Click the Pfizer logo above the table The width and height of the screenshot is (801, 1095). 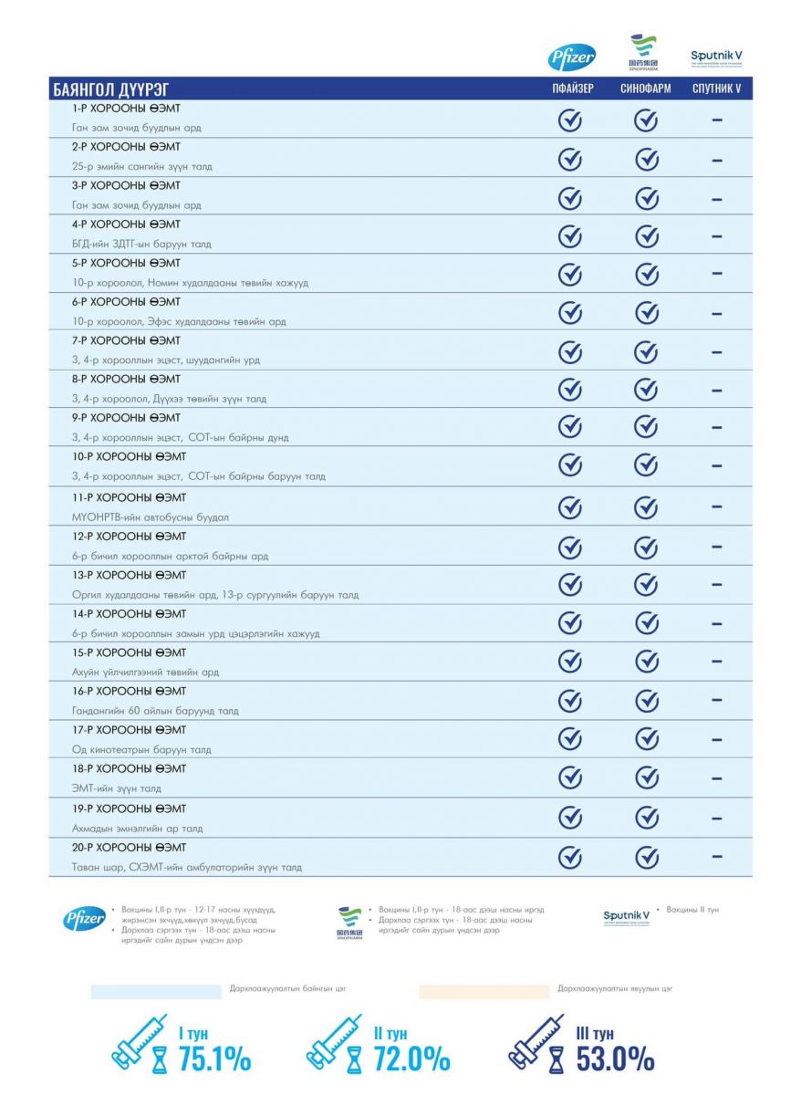click(x=571, y=57)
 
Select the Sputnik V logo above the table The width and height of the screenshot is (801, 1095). click(x=716, y=57)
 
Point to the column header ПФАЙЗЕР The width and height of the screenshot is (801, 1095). click(x=572, y=89)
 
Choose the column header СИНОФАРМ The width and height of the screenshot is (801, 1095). click(x=645, y=89)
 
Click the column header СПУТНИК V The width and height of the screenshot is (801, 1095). click(x=716, y=89)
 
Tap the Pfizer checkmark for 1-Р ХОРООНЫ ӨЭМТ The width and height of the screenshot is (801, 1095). click(x=570, y=120)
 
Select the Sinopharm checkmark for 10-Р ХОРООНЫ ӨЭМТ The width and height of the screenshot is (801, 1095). click(x=646, y=465)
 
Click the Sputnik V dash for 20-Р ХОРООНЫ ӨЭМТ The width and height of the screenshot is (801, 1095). click(x=717, y=856)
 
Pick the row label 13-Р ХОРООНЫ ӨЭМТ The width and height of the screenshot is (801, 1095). click(x=129, y=576)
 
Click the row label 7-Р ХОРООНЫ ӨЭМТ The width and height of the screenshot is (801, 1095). click(x=126, y=340)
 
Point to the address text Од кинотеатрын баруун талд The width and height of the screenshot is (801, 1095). click(x=141, y=750)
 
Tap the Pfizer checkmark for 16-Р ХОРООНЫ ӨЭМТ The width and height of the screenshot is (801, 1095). click(x=570, y=701)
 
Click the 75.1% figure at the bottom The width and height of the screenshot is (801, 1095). click(x=214, y=1059)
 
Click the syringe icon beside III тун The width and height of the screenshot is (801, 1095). click(x=536, y=1042)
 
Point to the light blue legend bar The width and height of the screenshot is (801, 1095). click(x=155, y=991)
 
